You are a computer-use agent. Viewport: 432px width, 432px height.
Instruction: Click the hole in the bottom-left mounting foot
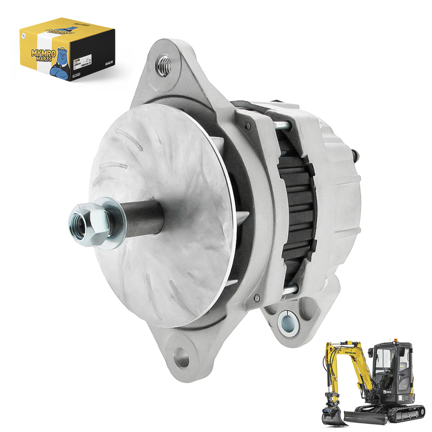pyautogui.click(x=183, y=357)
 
